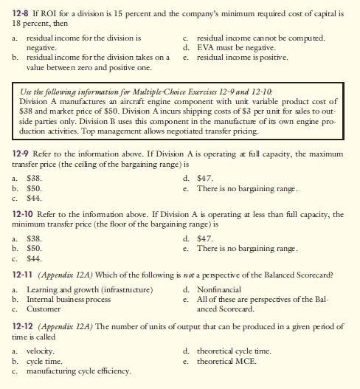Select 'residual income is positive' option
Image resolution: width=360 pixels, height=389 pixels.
coord(243,55)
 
